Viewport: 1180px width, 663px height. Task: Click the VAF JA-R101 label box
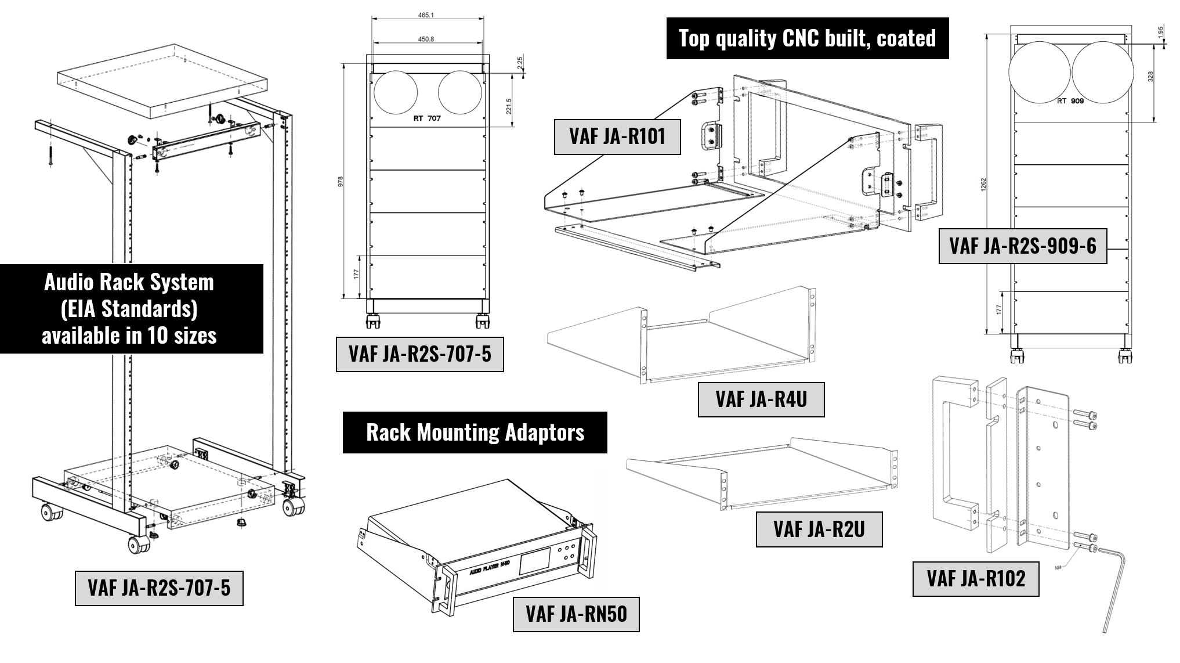(x=617, y=137)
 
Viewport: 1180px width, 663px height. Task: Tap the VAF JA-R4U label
(x=761, y=399)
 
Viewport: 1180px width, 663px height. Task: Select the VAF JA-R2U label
(x=819, y=529)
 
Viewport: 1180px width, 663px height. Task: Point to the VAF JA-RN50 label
(x=576, y=614)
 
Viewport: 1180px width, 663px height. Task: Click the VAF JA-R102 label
(x=975, y=579)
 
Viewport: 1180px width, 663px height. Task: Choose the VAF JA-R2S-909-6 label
(x=1022, y=246)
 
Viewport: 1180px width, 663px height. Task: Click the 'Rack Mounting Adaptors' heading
(x=475, y=433)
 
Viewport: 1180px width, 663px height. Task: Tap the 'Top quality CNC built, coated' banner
(x=807, y=38)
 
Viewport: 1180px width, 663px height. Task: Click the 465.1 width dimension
(x=426, y=15)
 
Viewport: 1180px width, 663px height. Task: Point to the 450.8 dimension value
(x=426, y=39)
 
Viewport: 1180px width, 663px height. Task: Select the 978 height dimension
(x=341, y=181)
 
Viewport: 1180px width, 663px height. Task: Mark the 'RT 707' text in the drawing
(x=427, y=118)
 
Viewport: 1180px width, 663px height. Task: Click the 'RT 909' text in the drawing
(x=1070, y=100)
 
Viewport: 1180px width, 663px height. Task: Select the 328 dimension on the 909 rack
(x=1150, y=77)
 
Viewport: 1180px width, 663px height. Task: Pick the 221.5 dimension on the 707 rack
(x=509, y=106)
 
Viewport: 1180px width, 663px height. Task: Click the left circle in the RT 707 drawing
(x=396, y=93)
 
